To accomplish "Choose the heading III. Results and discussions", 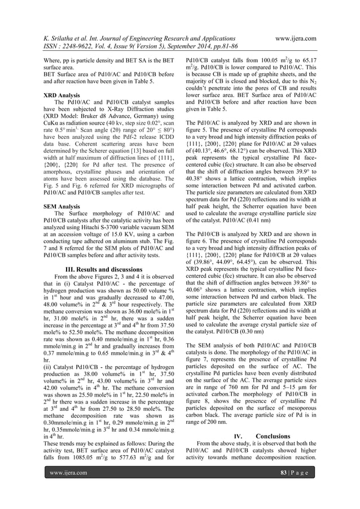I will pos(107,268).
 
